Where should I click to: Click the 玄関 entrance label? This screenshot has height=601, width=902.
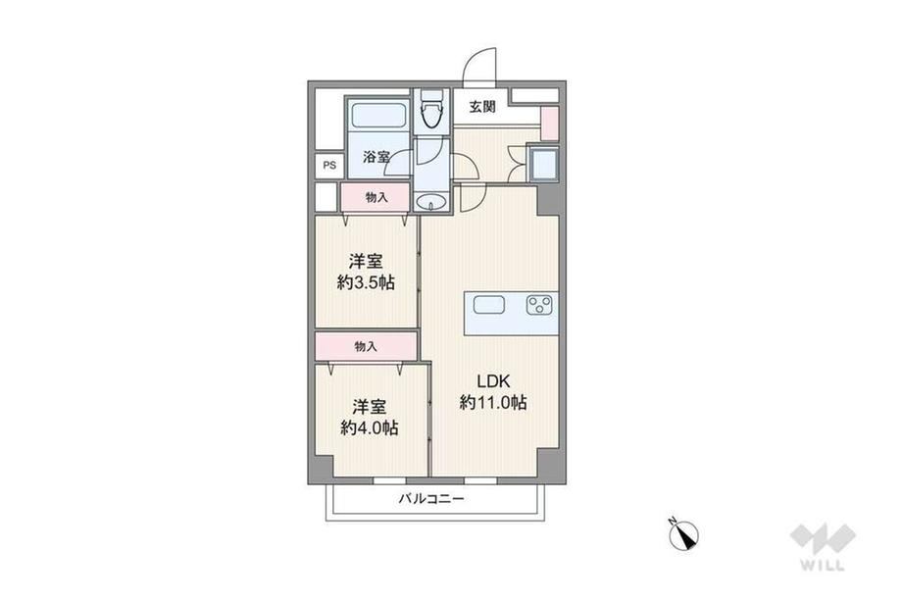click(481, 107)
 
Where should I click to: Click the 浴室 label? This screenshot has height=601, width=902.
click(376, 157)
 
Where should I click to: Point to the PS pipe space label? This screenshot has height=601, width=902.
click(329, 166)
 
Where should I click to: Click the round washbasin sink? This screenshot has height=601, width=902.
click(430, 202)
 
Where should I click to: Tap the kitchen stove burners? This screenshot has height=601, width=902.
click(539, 305)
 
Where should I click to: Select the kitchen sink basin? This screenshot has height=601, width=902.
click(489, 304)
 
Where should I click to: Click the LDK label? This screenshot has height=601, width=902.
click(493, 380)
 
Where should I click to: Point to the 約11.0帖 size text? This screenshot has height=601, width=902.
click(493, 402)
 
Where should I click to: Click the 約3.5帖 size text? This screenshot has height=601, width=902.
click(366, 282)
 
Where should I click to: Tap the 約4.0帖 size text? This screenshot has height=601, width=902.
click(370, 427)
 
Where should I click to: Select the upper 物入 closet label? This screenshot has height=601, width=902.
click(376, 197)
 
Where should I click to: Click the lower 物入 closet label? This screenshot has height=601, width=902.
click(366, 346)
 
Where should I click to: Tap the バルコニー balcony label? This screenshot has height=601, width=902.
click(431, 499)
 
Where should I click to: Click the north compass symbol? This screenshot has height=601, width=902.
click(684, 535)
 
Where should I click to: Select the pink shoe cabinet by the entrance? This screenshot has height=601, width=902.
click(550, 124)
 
